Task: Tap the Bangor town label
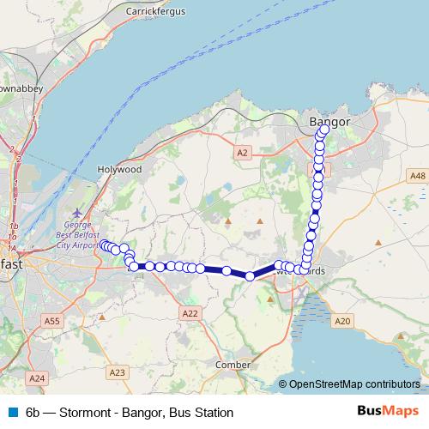[x=329, y=123]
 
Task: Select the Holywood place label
[x=120, y=170]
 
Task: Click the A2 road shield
[x=241, y=152]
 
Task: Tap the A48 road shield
[x=417, y=176]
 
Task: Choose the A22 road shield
[x=190, y=314]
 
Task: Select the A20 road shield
[x=343, y=320]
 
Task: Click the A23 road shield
[x=118, y=372]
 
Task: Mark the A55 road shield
[x=52, y=321]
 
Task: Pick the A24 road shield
[x=36, y=378]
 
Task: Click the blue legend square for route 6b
[x=12, y=413]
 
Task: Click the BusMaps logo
[x=387, y=412]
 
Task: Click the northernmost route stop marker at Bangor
[x=324, y=130]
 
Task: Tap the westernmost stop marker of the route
[x=104, y=245]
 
